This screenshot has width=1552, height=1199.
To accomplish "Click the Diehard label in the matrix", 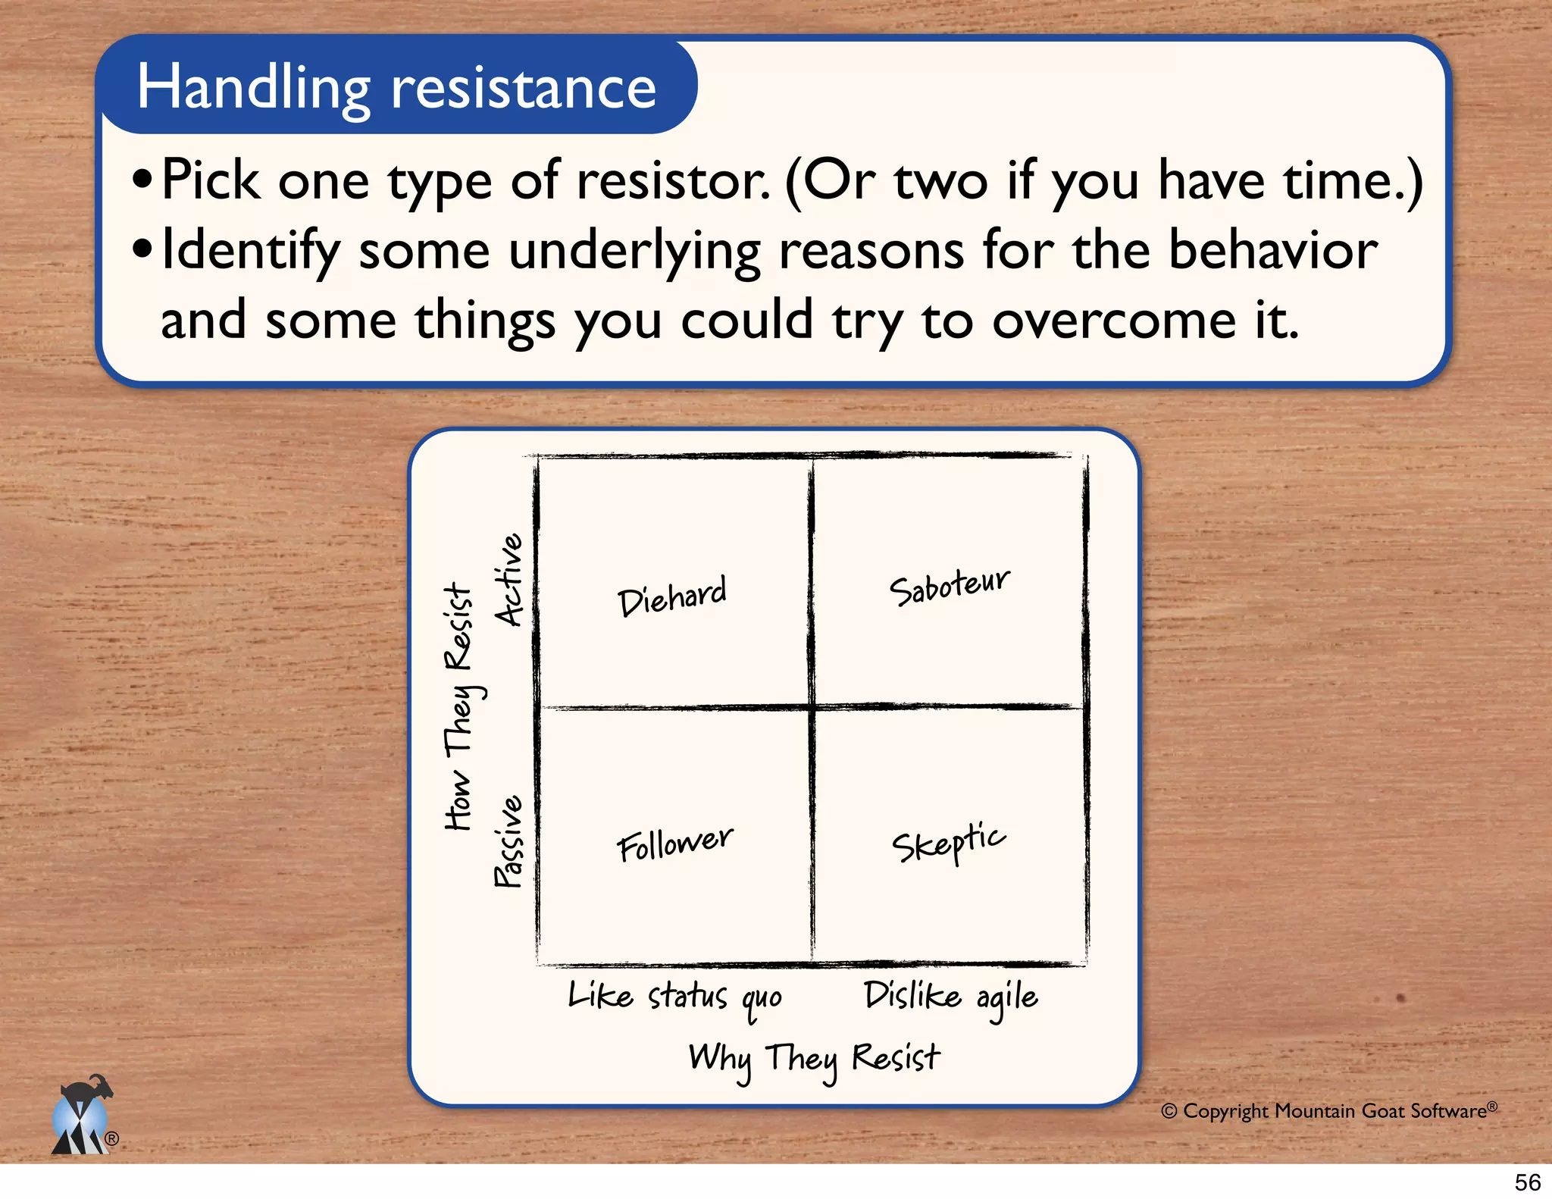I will point(671,595).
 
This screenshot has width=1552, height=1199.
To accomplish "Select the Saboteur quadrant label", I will point(949,586).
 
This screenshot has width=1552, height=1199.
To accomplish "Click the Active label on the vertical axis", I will point(508,580).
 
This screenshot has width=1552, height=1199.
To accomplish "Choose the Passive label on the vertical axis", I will point(508,841).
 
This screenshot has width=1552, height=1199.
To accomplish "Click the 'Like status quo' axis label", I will point(674,997).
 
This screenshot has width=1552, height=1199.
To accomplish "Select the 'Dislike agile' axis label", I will point(950,997).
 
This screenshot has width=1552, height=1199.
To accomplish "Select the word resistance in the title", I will point(523,89).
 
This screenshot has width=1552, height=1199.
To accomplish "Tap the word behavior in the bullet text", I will point(1272,250).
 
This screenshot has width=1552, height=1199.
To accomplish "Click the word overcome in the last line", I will point(1113,320).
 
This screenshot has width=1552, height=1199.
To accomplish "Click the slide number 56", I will point(1527,1182).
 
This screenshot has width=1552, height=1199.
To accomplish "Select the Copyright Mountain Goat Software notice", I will point(1329,1110).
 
